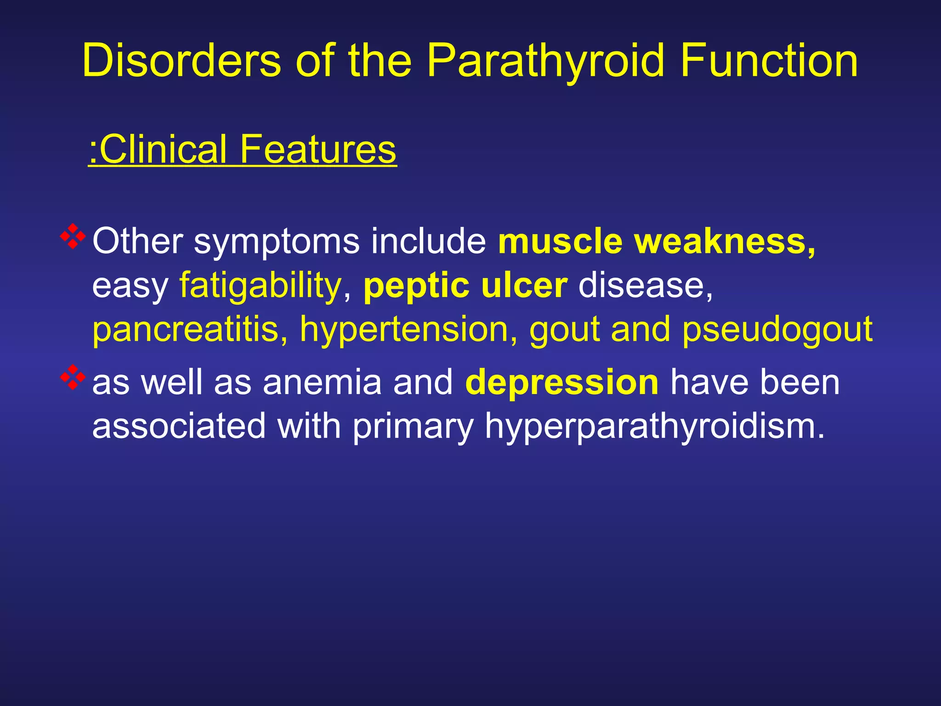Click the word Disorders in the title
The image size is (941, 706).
tap(181, 61)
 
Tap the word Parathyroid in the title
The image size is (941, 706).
tap(545, 61)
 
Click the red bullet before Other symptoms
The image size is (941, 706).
tap(73, 236)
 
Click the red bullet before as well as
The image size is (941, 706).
tap(73, 377)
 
